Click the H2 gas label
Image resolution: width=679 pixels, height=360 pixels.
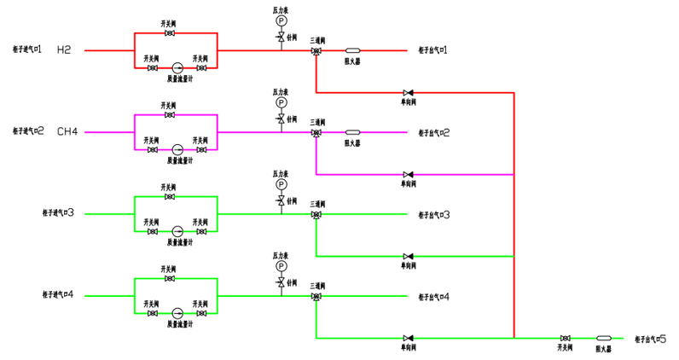[64, 50]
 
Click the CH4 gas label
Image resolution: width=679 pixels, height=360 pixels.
[67, 132]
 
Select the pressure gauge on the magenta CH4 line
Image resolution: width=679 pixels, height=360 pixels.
[281, 102]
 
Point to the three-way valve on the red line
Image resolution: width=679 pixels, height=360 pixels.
[316, 51]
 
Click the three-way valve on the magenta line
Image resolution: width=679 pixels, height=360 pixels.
[316, 133]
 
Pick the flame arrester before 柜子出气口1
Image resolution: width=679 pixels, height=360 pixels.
[352, 50]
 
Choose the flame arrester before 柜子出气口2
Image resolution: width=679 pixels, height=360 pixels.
[352, 132]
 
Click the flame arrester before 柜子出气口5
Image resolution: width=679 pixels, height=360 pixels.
[604, 339]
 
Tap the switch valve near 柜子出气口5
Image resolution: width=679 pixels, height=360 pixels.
[565, 339]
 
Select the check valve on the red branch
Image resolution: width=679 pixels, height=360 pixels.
[409, 92]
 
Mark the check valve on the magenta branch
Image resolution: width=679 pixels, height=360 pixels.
[409, 174]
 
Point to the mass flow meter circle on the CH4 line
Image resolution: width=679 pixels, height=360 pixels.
[177, 149]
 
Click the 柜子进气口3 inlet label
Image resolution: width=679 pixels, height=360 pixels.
[59, 213]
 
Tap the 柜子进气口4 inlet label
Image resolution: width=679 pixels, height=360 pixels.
[59, 295]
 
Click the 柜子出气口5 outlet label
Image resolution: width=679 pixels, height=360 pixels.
[656, 339]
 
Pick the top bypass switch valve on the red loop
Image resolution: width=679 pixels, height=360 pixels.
[170, 33]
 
